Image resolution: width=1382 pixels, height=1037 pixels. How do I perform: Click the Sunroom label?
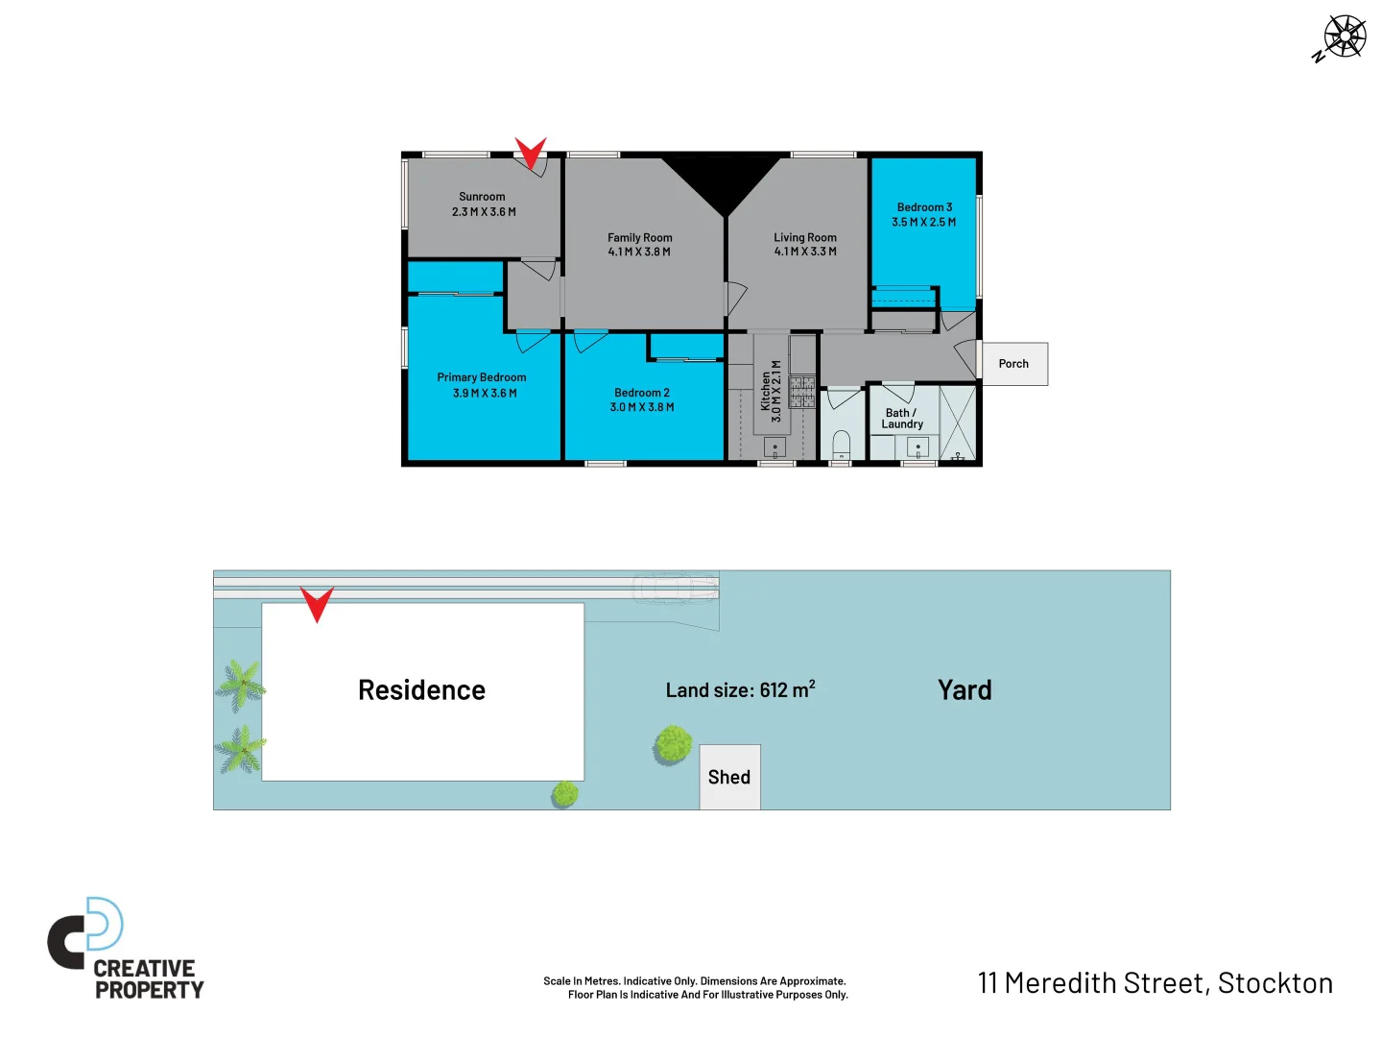[x=482, y=197]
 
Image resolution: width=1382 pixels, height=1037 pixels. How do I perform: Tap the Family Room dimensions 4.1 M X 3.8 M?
[x=639, y=253]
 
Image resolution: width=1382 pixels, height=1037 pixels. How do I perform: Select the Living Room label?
[x=805, y=237]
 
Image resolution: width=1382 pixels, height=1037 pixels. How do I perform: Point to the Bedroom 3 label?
[x=924, y=207]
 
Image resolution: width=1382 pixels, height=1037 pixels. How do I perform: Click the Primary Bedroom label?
[x=482, y=377]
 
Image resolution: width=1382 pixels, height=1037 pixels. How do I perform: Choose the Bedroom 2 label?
[x=642, y=393]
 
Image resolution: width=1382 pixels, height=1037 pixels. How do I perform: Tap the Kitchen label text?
[x=766, y=392]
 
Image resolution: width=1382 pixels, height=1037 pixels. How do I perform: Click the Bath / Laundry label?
[x=902, y=419]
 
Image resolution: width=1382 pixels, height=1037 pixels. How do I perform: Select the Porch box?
[x=1013, y=364]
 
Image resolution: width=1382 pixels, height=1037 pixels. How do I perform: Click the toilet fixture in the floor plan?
[x=841, y=444]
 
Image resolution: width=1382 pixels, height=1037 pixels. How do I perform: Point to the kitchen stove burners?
[x=802, y=392]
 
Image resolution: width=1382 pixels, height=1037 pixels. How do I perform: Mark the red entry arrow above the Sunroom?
[x=530, y=152]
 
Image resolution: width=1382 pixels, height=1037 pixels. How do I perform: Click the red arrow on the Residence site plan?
[x=317, y=603]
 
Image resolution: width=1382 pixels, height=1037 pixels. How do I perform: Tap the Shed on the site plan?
[x=729, y=777]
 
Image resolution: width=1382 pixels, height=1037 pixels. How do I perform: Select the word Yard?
[x=965, y=690]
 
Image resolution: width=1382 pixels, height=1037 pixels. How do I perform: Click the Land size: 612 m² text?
[x=740, y=689]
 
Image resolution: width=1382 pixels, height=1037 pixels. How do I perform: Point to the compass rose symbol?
[x=1344, y=38]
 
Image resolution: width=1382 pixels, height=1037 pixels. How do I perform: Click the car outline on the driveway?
[x=676, y=587]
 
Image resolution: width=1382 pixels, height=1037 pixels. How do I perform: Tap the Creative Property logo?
[x=126, y=950]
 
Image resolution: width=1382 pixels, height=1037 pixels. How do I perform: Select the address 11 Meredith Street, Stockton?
[x=1156, y=983]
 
